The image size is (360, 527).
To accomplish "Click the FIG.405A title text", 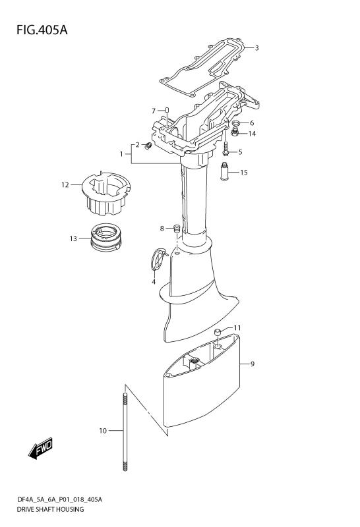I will pyautogui.click(x=38, y=30).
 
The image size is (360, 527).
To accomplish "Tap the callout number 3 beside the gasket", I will pyautogui.click(x=257, y=47).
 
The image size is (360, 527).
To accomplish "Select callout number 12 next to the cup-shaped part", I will pyautogui.click(x=65, y=185).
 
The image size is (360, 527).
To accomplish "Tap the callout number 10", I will pyautogui.click(x=102, y=431).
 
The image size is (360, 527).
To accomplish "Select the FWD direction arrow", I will pyautogui.click(x=41, y=449).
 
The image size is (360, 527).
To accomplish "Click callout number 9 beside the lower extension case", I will pyautogui.click(x=251, y=363).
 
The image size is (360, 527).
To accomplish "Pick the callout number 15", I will pyautogui.click(x=244, y=173).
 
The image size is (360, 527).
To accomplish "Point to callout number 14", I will pyautogui.click(x=252, y=134).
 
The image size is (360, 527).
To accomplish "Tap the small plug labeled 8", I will pyautogui.click(x=177, y=229).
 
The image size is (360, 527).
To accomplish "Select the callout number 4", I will pyautogui.click(x=154, y=282).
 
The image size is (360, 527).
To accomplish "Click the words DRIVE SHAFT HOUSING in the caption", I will pyautogui.click(x=51, y=511).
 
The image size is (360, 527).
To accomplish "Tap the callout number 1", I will pyautogui.click(x=121, y=154).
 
